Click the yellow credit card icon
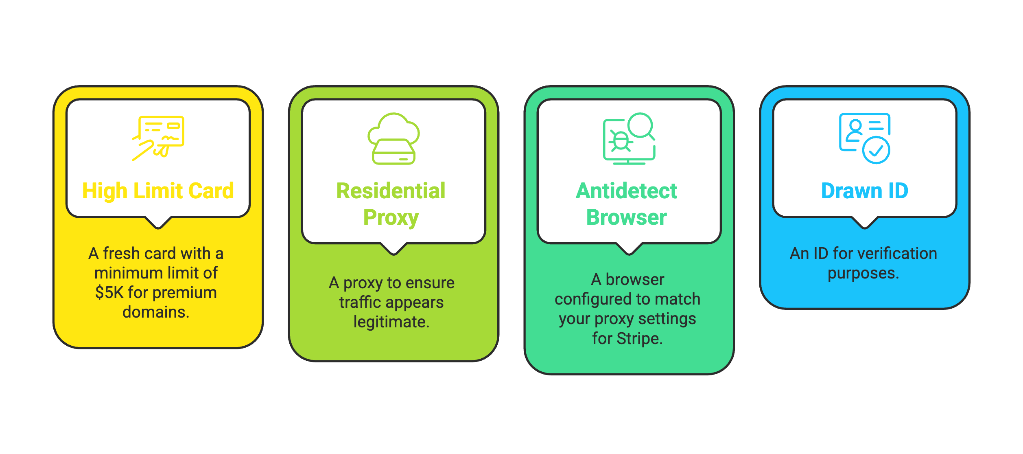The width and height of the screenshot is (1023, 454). coord(158,138)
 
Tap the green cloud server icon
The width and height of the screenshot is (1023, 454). coord(393,138)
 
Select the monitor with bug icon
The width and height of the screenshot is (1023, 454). coord(629,138)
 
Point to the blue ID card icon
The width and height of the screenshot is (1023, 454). coord(865,138)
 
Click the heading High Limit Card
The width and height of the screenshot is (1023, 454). coord(158,191)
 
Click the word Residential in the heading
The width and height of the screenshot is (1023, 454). coord(391,191)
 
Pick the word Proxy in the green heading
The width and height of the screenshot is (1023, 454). coord(391,218)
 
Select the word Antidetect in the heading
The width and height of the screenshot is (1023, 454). coord(627,191)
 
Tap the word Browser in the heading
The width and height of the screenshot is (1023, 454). coord(627,217)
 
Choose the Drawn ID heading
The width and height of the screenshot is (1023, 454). coord(865,191)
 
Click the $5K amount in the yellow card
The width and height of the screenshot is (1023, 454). coord(109,292)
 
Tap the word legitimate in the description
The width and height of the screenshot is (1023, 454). coord(391,322)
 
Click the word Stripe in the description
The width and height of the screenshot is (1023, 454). coord(640,339)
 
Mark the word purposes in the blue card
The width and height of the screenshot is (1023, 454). coord(863,273)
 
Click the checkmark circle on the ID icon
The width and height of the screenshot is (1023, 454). coord(877,150)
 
